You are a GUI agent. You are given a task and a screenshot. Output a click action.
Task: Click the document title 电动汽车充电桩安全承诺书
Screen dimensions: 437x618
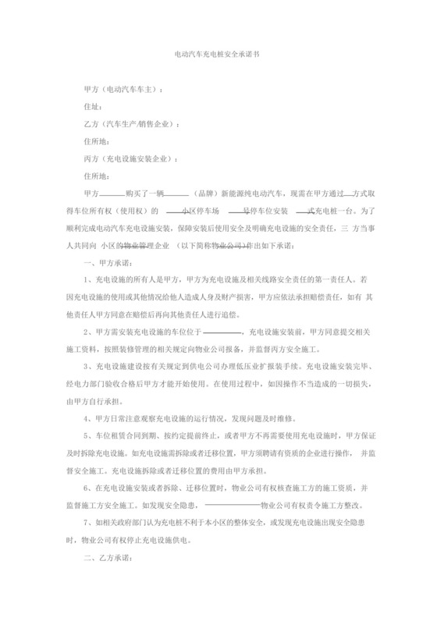click(218, 57)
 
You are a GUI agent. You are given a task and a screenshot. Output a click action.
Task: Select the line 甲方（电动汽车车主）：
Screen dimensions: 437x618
click(123, 90)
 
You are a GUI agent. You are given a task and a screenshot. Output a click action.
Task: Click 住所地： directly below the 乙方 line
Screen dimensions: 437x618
click(95, 141)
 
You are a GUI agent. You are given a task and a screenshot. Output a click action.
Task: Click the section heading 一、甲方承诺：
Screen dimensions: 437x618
click(107, 263)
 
